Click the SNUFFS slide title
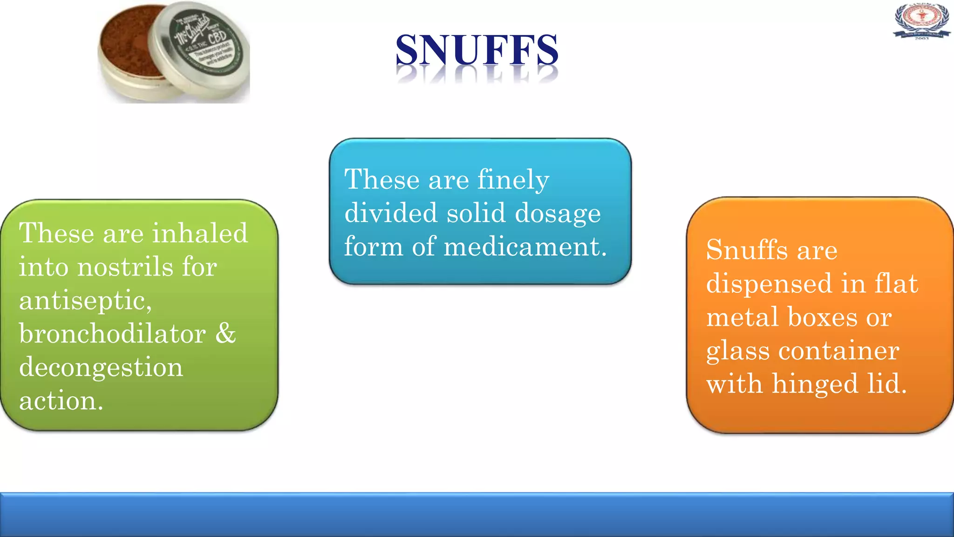coord(477,50)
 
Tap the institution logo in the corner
coord(921,21)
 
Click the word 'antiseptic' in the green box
coord(85,301)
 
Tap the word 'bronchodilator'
coord(112,334)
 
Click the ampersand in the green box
coord(226,333)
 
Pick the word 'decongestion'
coord(101,368)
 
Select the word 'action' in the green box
coord(59,401)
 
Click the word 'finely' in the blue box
coord(513,180)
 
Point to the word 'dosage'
coord(558,214)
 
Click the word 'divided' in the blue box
coord(390,213)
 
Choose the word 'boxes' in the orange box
coord(822,317)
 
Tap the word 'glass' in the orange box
coord(737,351)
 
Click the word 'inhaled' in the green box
coord(200,233)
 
